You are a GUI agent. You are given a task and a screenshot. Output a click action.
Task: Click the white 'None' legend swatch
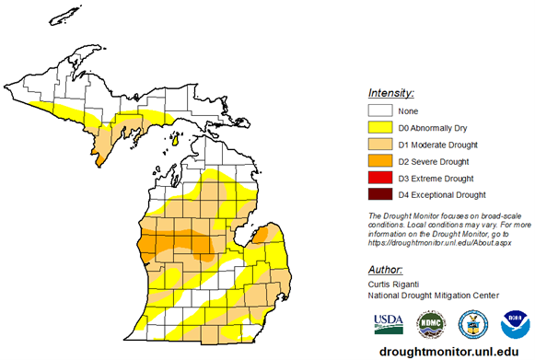[380, 111]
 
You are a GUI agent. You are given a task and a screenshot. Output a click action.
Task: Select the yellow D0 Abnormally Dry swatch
[380, 128]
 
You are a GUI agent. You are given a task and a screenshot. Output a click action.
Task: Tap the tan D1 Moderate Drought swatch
[380, 145]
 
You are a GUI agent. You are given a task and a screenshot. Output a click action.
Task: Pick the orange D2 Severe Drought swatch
[380, 161]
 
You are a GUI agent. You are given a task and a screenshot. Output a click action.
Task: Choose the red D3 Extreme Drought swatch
[380, 178]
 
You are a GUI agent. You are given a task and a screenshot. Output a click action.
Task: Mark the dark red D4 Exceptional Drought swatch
[380, 194]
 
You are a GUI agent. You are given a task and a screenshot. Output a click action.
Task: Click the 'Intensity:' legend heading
[390, 93]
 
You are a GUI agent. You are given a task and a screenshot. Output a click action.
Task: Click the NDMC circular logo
[429, 323]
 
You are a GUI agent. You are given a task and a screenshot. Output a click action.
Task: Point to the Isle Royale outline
[62, 17]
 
